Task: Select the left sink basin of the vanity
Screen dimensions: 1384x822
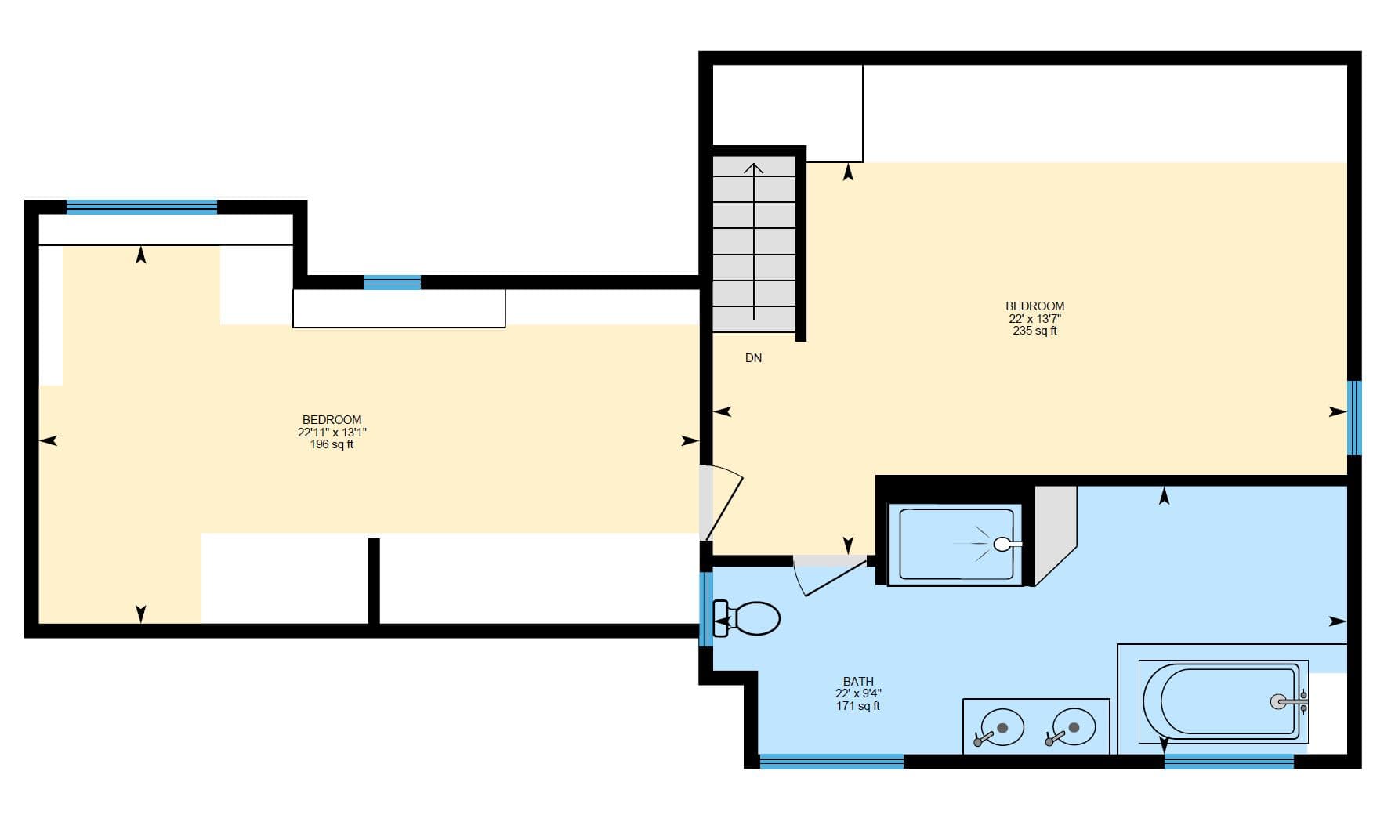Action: coord(1002,727)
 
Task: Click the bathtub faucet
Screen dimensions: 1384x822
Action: coord(1288,702)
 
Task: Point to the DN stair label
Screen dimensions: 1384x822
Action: coord(753,358)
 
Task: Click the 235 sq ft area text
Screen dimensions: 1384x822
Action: coord(1034,331)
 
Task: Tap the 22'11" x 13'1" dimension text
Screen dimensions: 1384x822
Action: coord(332,433)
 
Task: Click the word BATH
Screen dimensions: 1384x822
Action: coord(858,682)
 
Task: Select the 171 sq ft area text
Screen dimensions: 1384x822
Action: coord(858,706)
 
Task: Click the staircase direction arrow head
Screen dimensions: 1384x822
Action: coord(754,168)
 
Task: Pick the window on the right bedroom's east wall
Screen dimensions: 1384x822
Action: coord(1354,418)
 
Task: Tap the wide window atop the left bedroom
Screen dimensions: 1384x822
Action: coord(141,207)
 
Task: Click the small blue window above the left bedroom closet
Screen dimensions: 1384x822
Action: coord(392,282)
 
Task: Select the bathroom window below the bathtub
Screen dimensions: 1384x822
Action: coord(1228,761)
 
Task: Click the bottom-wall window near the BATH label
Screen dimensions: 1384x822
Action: coord(831,761)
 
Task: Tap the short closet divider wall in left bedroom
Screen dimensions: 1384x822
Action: coord(374,581)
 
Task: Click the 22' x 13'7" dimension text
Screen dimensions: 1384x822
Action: coord(1034,319)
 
